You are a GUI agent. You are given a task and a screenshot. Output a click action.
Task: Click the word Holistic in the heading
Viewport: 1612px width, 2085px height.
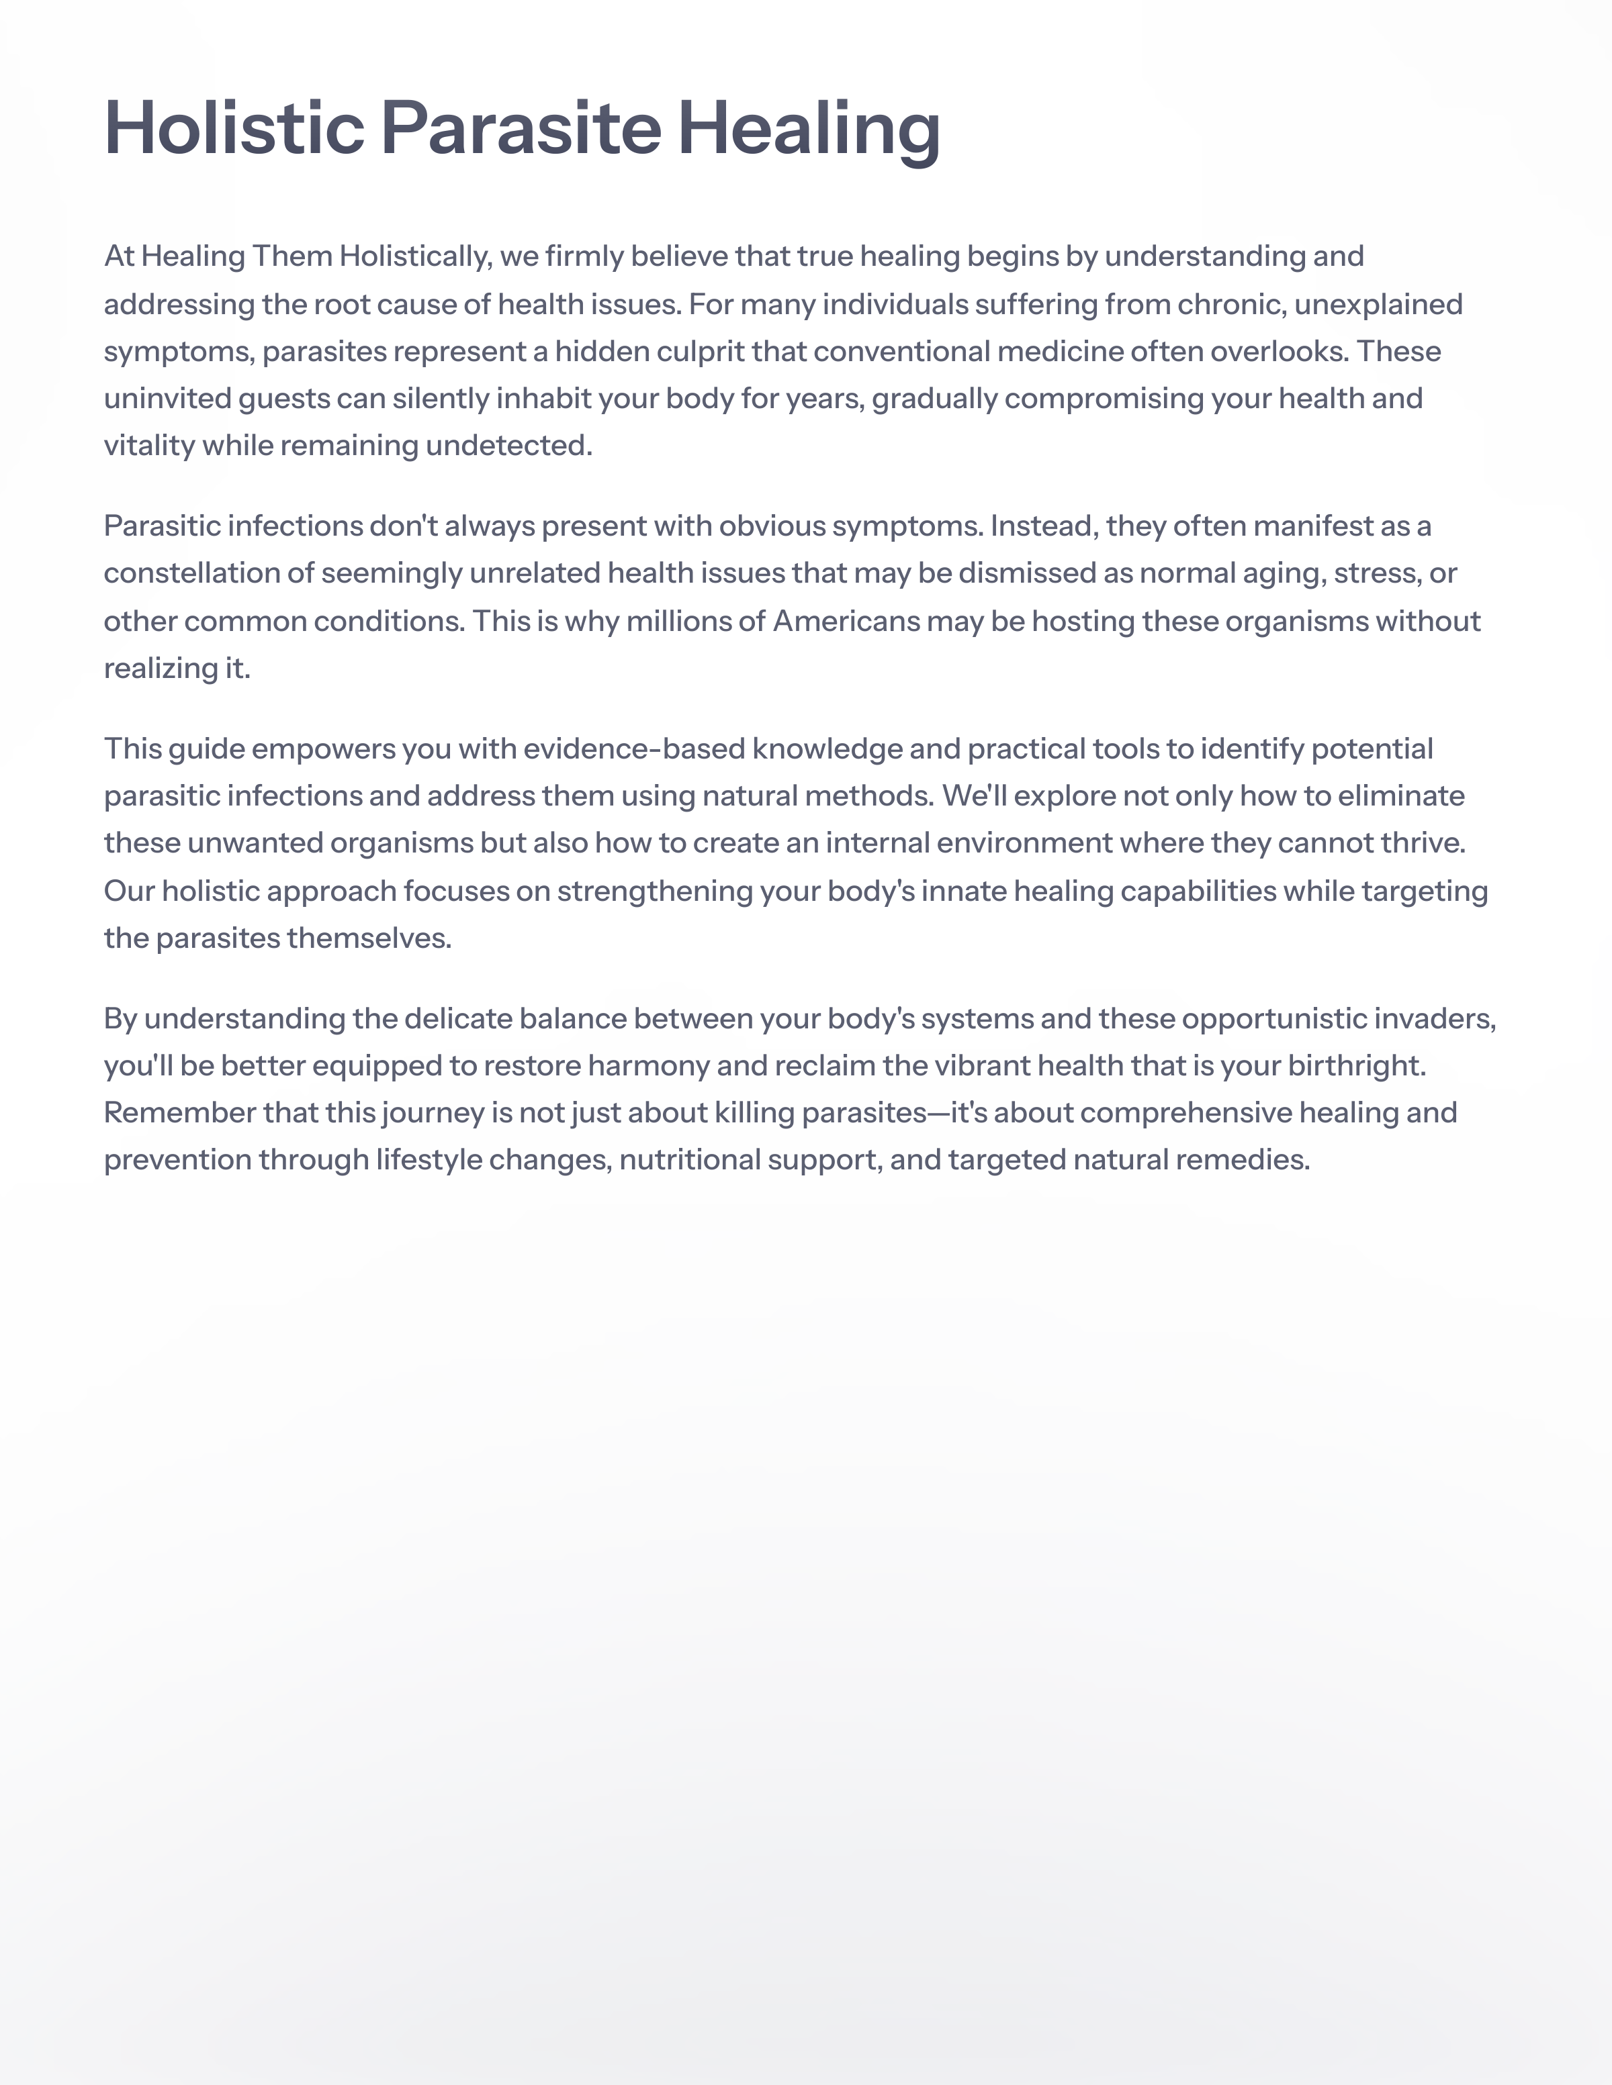tap(234, 128)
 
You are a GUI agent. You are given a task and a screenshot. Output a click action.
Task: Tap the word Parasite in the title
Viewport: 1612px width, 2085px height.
tap(521, 128)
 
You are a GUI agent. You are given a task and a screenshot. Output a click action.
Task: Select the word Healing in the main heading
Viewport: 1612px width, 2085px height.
tap(809, 128)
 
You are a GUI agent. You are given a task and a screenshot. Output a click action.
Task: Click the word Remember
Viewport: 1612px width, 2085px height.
tap(179, 1113)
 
